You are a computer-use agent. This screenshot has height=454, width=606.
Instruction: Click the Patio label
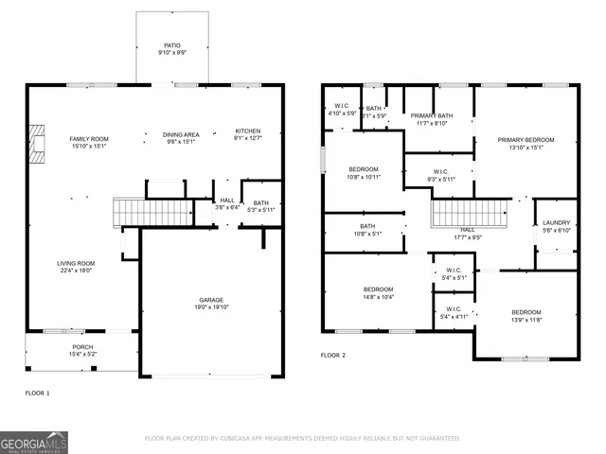pos(171,44)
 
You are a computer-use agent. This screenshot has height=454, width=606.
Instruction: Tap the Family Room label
pos(88,139)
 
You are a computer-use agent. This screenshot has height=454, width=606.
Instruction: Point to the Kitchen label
pos(248,131)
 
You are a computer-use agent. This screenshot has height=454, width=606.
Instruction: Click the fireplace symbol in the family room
pos(37,145)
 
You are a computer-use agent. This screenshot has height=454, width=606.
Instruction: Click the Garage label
pos(211,300)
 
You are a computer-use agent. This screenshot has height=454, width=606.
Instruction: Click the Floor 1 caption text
pos(37,392)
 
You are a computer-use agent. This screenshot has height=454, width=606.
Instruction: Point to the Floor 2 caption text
pos(332,355)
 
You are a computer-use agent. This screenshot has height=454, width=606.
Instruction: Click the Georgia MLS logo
pos(34,442)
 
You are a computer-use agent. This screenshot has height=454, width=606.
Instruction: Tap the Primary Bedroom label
pos(526,139)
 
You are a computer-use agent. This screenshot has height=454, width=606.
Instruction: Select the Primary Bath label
pos(432,115)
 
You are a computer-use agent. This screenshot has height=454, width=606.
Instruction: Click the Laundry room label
pos(555,223)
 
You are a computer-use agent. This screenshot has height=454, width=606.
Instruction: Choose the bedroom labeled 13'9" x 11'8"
pos(526,312)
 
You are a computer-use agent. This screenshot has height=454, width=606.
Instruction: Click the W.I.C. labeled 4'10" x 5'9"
pos(341,106)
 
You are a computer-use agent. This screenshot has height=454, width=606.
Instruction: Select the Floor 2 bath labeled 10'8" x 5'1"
pos(367,226)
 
